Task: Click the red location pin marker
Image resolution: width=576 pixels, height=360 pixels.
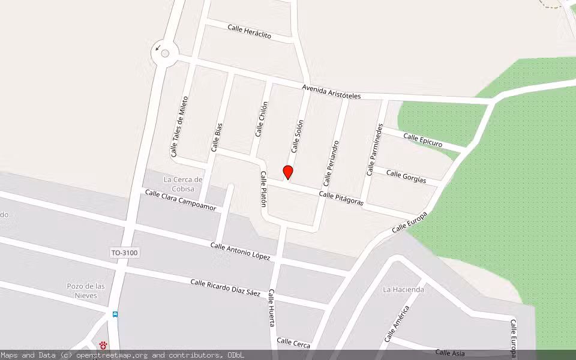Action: [288, 172]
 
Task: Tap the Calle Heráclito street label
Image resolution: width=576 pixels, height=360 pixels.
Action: [249, 31]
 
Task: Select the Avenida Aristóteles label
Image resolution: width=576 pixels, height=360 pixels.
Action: [331, 92]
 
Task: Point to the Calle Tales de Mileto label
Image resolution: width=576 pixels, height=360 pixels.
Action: [180, 127]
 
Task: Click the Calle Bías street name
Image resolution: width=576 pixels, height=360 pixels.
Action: [217, 137]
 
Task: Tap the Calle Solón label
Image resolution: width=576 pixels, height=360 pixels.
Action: [298, 136]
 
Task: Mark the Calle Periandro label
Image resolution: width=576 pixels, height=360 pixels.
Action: [331, 163]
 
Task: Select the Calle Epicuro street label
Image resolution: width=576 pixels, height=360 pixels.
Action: [422, 140]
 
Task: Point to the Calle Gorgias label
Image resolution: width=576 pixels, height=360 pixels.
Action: [406, 177]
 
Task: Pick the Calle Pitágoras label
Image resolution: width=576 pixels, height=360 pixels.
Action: [341, 199]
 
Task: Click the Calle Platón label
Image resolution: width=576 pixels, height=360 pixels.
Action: [263, 189]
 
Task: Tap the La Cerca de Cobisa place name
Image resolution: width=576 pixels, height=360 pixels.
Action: [183, 184]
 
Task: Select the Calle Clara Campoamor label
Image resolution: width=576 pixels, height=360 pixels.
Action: [180, 200]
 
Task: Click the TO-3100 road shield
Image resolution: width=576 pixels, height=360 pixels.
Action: [124, 253]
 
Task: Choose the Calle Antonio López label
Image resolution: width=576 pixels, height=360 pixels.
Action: [240, 251]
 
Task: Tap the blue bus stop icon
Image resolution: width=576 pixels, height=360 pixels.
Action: [115, 314]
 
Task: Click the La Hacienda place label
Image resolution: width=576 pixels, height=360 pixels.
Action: [403, 289]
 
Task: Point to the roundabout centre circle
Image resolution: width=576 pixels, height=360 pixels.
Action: [165, 53]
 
